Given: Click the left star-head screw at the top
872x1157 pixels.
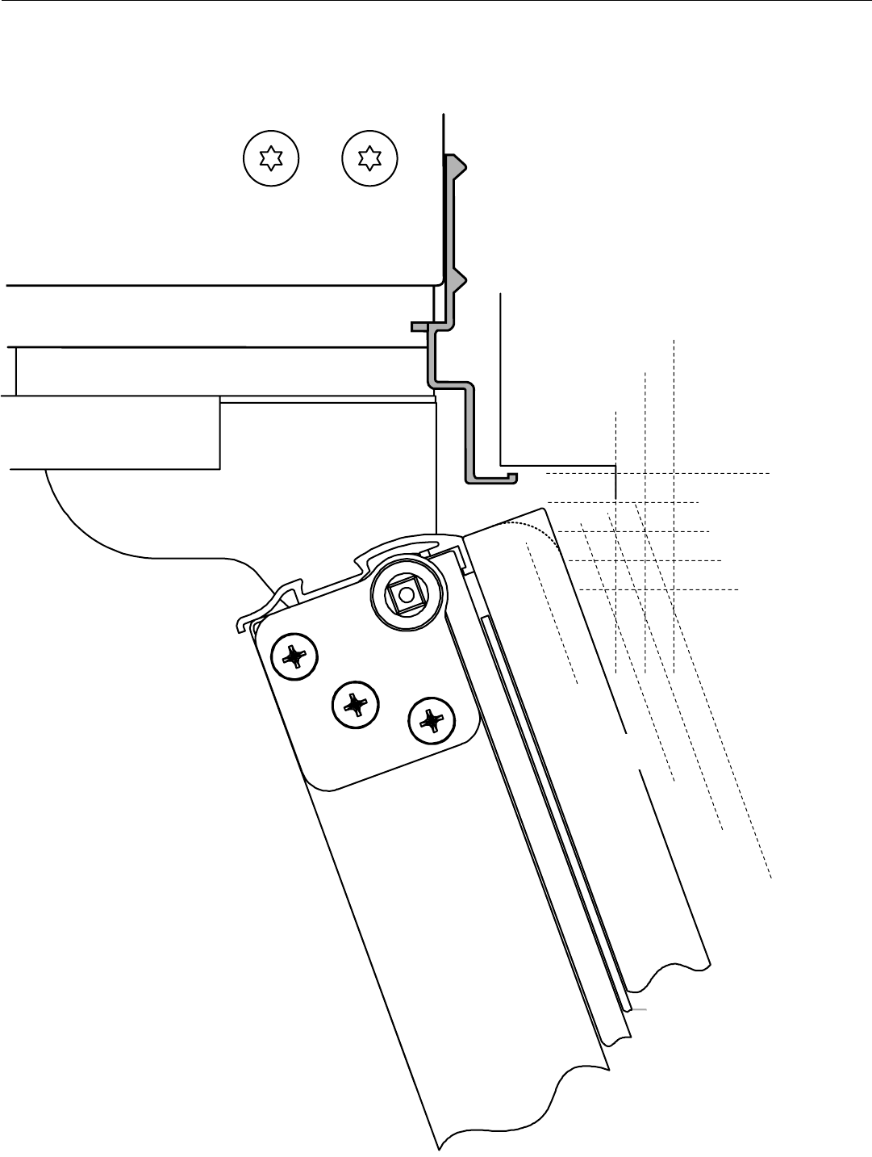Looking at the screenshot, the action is click(271, 157).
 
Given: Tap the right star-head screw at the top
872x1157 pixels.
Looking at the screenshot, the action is click(369, 157).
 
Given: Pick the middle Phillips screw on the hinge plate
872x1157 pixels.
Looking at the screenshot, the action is click(355, 705).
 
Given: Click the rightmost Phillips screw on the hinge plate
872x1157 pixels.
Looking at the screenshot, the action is click(432, 719).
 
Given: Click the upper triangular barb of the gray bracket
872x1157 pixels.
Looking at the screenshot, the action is click(458, 165).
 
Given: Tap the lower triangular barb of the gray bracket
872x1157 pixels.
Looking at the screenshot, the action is click(458, 282).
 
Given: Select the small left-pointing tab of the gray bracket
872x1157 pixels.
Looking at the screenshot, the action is click(419, 326).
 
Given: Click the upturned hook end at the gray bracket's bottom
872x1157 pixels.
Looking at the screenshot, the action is click(511, 477).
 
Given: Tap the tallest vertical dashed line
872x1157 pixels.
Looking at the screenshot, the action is click(673, 501).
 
